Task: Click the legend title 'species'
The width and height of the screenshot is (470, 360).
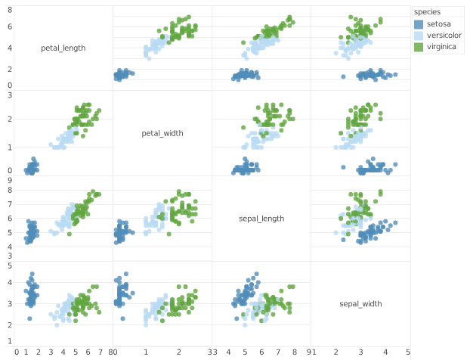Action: coord(427,11)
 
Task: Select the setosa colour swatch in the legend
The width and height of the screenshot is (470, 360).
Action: coord(419,24)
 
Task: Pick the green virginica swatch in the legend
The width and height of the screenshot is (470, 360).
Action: coord(419,47)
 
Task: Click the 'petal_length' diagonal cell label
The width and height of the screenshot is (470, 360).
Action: coord(63,48)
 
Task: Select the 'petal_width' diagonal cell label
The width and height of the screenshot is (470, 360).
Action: coord(162,133)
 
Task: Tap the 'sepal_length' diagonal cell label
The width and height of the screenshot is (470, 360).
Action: coord(261,219)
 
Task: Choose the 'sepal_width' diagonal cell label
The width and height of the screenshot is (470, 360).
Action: coord(360,303)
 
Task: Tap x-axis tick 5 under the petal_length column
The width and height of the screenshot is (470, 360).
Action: coord(75,352)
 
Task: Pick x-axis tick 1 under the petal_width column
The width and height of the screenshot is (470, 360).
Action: coord(147,352)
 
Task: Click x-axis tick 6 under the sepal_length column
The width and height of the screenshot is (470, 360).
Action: coord(261,352)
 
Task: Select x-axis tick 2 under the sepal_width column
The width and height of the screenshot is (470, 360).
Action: coord(335,352)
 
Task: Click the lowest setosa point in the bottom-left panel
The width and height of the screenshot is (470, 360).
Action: coord(29,318)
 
